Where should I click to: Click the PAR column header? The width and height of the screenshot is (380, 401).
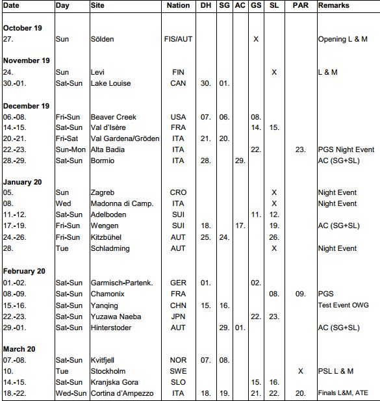pos(300,5)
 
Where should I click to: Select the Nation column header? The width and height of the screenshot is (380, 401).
pos(179,5)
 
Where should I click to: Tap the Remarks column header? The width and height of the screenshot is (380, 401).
pos(333,5)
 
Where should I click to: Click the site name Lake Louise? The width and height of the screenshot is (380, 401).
pos(110,83)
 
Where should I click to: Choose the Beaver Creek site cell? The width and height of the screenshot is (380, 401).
pos(113,117)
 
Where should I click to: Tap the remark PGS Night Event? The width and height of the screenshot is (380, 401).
pos(346,149)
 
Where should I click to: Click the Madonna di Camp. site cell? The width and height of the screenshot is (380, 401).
pos(121,203)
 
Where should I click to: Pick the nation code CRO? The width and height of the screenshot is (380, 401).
pos(179,193)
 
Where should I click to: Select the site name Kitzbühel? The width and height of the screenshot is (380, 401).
pos(110,237)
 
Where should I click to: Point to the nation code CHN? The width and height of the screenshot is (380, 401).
pos(179,305)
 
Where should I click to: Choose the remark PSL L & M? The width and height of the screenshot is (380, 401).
pos(335,371)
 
